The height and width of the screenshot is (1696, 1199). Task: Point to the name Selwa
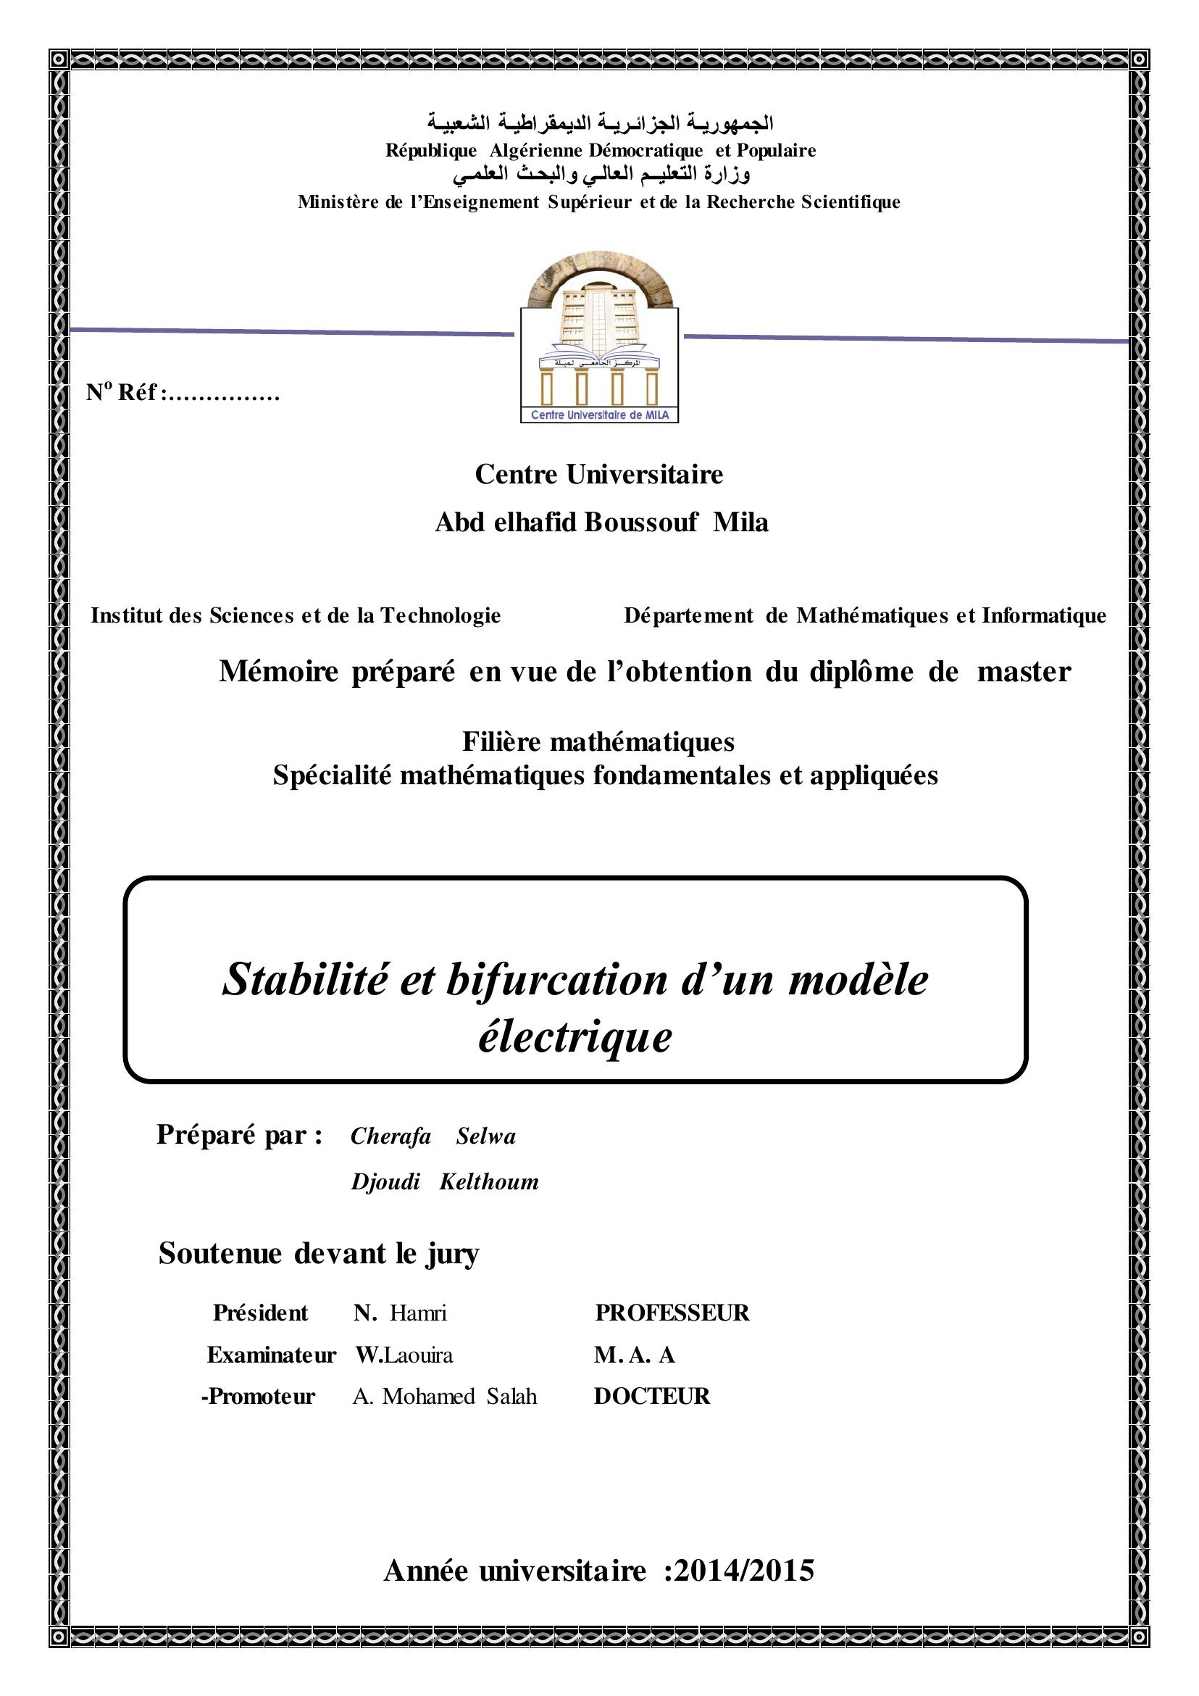[485, 1135]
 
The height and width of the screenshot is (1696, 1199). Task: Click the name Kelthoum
[489, 1181]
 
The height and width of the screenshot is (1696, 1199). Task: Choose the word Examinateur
[271, 1354]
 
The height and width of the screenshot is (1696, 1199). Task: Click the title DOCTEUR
[652, 1395]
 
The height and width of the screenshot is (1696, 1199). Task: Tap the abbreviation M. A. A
[634, 1354]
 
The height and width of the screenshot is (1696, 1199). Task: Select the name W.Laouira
[404, 1354]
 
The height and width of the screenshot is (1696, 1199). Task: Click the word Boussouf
[641, 523]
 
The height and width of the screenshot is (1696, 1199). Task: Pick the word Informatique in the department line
[1044, 615]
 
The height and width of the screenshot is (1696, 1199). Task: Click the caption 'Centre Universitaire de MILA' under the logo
[600, 415]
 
